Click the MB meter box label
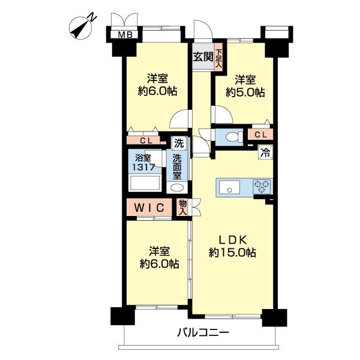[125, 35]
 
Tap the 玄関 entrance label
[203, 57]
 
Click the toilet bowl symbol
[232, 137]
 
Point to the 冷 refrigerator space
[265, 152]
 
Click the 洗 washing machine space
[179, 143]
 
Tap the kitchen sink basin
[229, 187]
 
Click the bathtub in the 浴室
[145, 183]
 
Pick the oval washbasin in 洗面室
[177, 188]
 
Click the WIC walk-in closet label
[149, 208]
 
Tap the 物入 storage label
[183, 207]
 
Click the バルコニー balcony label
[203, 332]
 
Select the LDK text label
[232, 240]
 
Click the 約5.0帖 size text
[245, 92]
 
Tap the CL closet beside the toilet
[260, 134]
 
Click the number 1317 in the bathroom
[144, 167]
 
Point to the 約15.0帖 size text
[232, 253]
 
